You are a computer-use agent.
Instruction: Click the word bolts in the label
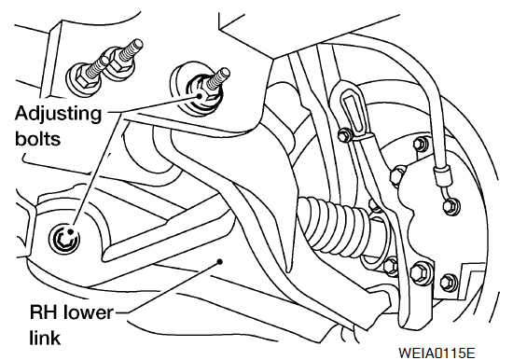37,138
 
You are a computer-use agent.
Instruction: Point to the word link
45,337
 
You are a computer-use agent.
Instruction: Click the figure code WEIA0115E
437,353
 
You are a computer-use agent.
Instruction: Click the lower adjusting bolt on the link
64,240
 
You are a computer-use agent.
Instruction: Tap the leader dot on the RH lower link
220,261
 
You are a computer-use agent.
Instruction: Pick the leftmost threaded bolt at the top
87,75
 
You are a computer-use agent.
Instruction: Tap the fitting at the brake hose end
451,204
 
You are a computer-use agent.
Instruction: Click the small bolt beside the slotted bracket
344,134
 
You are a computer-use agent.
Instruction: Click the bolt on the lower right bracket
449,283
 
